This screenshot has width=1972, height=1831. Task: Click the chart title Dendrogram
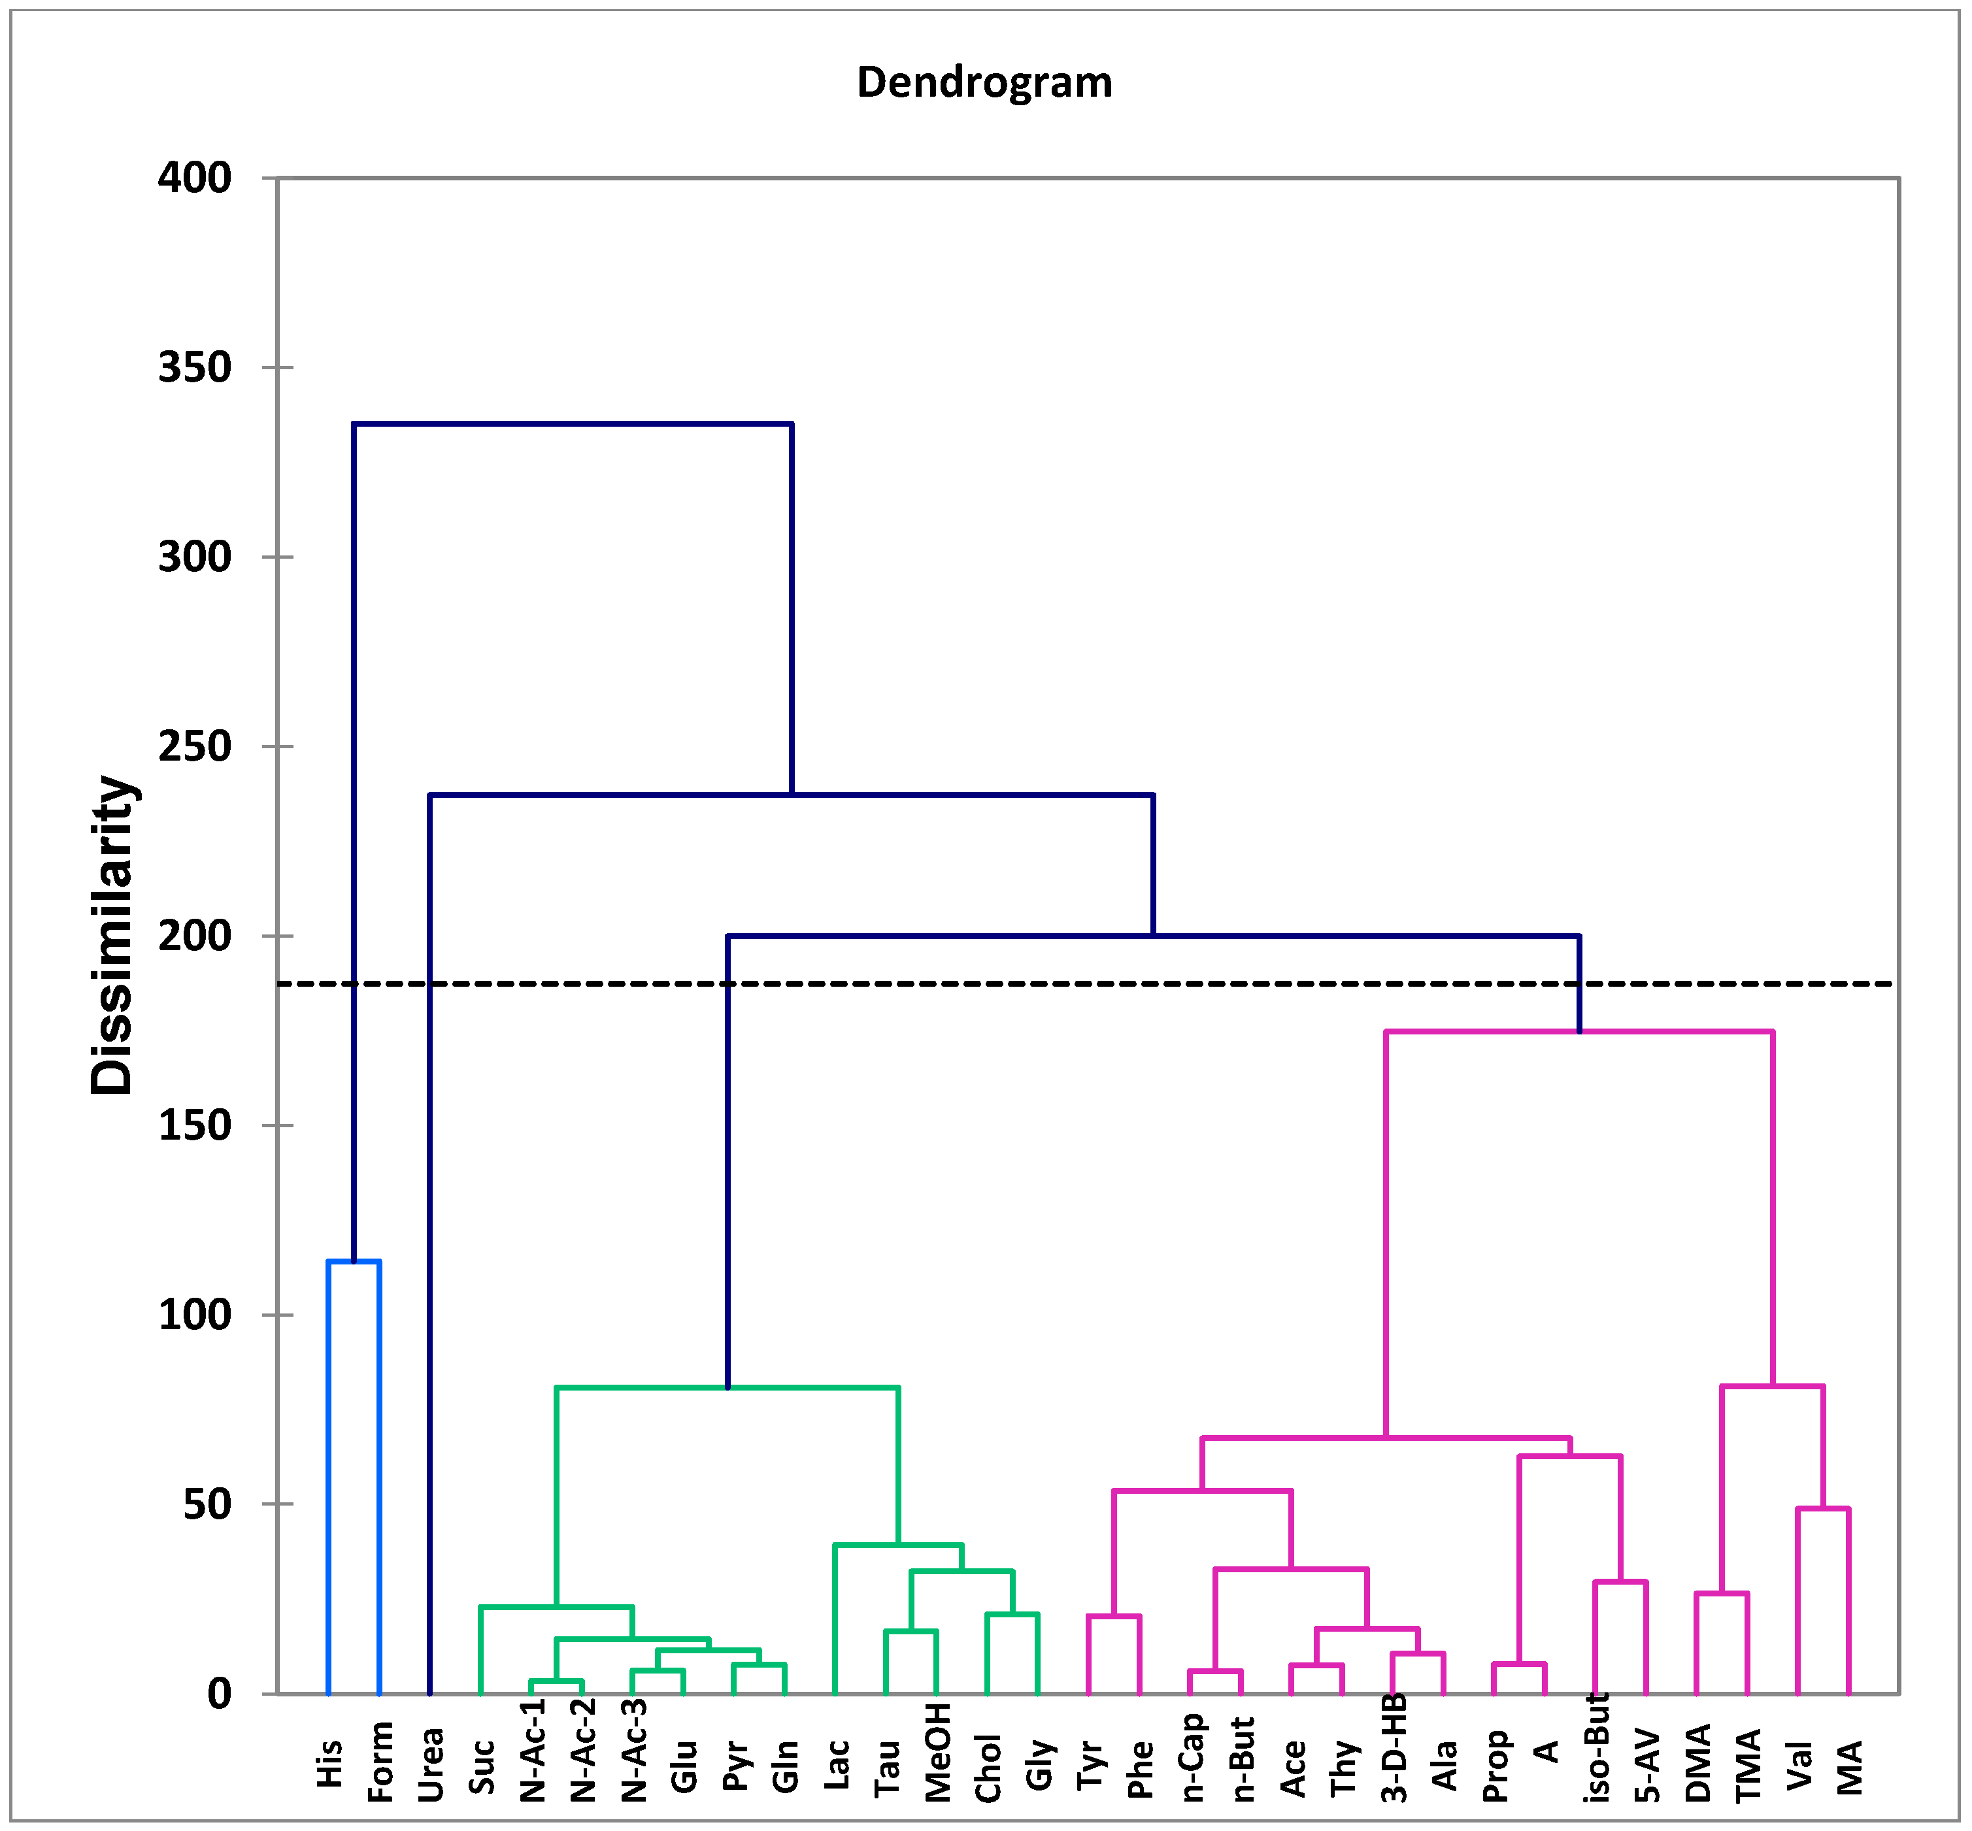coord(984,82)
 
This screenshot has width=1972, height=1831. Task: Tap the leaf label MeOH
coord(937,1753)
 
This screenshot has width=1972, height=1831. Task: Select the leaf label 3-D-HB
coord(1394,1749)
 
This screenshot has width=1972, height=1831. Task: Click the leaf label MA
coord(1849,1768)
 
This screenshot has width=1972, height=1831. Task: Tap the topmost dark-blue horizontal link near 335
coord(573,424)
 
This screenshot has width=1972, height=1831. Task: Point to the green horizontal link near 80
coord(727,1388)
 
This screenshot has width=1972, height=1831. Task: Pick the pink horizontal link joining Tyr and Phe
coord(1114,1616)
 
